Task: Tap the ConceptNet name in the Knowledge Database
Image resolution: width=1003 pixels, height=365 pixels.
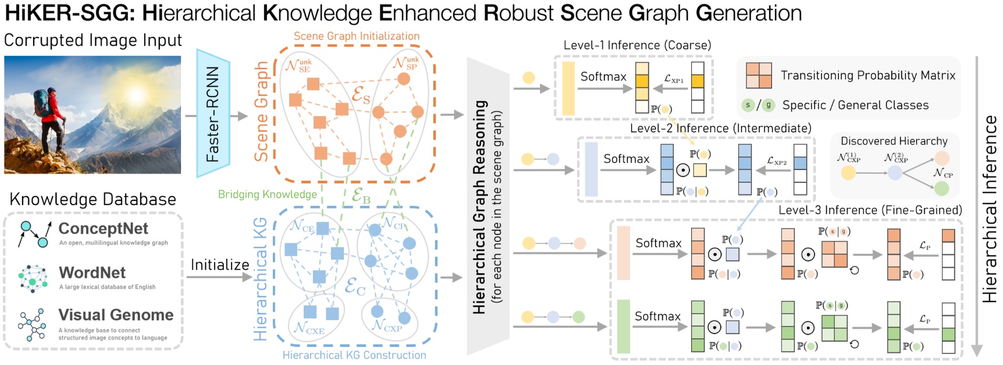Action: [104, 228]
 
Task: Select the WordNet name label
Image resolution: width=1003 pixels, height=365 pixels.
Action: [93, 272]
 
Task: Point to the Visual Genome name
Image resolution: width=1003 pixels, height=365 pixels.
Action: [116, 315]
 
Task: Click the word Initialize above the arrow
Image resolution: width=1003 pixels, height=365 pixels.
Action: [220, 265]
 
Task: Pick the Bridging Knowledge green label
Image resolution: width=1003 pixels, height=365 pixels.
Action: [268, 194]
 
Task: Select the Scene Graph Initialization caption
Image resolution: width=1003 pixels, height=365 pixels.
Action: [356, 36]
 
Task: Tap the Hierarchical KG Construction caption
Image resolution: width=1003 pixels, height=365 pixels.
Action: [354, 355]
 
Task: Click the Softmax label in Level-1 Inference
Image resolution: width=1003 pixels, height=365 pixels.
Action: [603, 76]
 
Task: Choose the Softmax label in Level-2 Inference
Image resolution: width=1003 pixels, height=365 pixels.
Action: [626, 158]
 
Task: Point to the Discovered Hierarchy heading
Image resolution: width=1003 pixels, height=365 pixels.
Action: [894, 141]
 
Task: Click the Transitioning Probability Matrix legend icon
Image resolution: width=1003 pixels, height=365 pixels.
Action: [759, 76]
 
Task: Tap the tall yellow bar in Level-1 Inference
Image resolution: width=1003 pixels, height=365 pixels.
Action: [568, 88]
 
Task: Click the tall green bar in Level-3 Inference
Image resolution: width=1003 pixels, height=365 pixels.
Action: [623, 326]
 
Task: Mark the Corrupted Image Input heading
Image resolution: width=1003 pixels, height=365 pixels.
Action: [93, 40]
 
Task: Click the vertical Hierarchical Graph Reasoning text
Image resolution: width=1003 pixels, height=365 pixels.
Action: [479, 207]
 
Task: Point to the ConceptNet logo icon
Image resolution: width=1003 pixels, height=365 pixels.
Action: [34, 233]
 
